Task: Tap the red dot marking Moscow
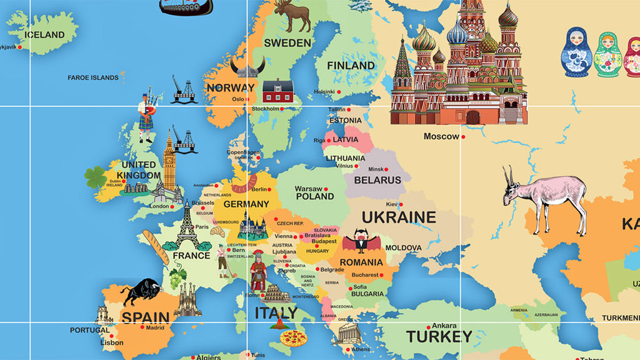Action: point(464,136)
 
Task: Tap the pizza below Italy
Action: point(292,338)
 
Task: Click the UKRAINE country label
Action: point(399,217)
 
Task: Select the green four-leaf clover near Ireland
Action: point(96,177)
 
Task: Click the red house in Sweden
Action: point(277,91)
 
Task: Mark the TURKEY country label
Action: point(439,336)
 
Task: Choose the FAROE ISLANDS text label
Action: point(92,77)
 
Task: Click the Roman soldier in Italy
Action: point(257,272)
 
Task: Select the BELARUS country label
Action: point(377,180)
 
